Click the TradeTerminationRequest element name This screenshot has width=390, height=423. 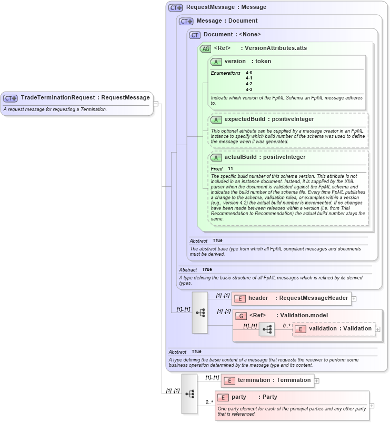58,97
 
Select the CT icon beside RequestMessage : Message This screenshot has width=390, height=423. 175,7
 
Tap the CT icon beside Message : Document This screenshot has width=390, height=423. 186,21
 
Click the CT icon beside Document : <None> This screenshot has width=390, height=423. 195,35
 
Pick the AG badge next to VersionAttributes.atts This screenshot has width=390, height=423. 205,48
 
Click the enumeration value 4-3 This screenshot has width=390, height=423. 249,89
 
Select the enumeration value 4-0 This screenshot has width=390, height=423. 249,73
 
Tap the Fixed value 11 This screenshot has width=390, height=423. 231,168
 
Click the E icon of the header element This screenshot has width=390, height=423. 240,298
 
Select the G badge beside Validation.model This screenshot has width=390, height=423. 241,316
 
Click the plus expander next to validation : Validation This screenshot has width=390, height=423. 377,329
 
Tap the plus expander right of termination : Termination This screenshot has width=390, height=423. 317,380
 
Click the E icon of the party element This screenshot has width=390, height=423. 223,397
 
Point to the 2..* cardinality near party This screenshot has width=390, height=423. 208,402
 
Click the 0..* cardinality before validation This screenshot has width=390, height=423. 286,325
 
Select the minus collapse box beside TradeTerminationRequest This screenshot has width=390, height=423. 156,104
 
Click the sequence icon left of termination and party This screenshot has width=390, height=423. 189,393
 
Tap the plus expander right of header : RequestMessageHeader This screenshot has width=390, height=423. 354,298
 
